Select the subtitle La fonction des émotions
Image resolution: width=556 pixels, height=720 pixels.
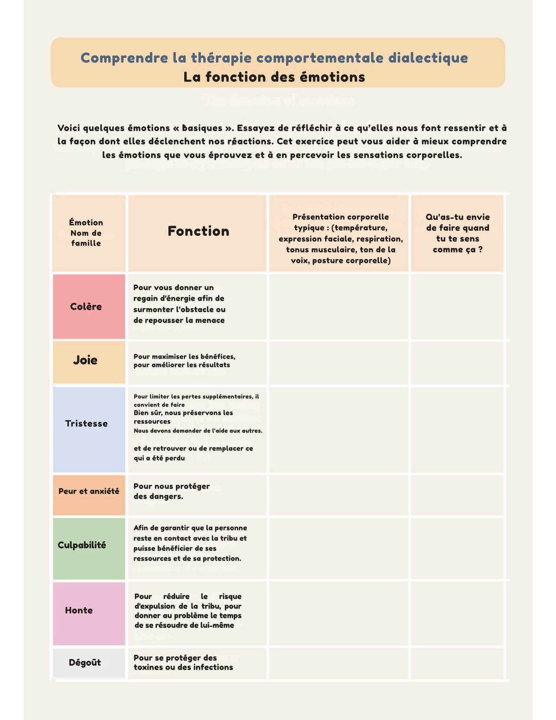(274, 77)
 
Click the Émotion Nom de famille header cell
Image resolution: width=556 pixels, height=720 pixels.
(86, 233)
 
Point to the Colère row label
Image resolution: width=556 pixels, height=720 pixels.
(86, 307)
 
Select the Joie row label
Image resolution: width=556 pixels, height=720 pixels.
(85, 360)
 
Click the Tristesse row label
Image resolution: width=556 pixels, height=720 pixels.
(86, 424)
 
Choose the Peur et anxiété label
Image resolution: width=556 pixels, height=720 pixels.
(89, 491)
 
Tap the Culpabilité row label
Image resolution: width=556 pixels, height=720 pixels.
(82, 545)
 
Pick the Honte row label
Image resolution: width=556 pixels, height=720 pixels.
(79, 610)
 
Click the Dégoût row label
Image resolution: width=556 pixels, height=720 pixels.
(85, 662)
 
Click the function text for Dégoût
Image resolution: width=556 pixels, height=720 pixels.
(183, 662)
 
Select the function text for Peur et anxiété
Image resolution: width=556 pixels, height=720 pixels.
(171, 491)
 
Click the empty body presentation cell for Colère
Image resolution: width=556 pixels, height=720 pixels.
(339, 307)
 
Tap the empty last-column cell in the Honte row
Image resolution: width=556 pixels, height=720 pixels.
(457, 613)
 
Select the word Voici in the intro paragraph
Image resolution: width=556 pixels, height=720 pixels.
(68, 128)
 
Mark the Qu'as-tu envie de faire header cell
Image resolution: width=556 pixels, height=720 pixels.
(457, 233)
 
